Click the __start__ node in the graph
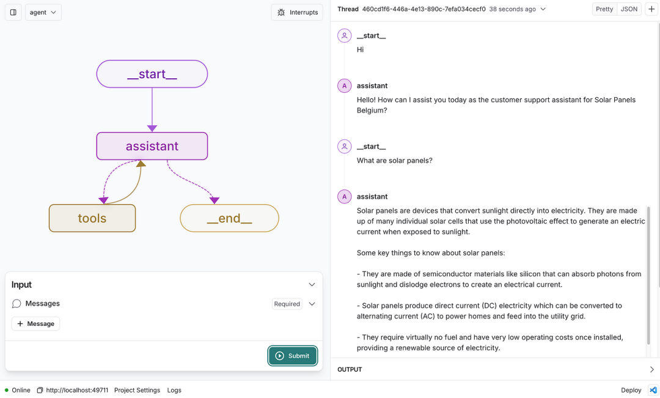coord(152,74)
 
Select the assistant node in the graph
coord(152,146)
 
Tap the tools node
coord(92,218)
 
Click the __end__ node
coord(229,218)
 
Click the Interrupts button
coord(297,12)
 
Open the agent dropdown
coord(43,12)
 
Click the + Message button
coord(35,323)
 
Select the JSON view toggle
coord(629,9)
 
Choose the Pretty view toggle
coord(604,9)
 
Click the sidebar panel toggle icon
coord(13,12)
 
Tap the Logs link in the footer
coord(174,390)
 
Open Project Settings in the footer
coord(137,390)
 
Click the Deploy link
coord(631,390)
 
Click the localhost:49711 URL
coord(76,390)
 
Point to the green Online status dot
coord(7,390)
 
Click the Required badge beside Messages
coord(287,304)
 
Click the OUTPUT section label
coord(350,369)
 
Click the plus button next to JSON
coord(651,9)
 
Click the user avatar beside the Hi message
coord(345,35)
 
